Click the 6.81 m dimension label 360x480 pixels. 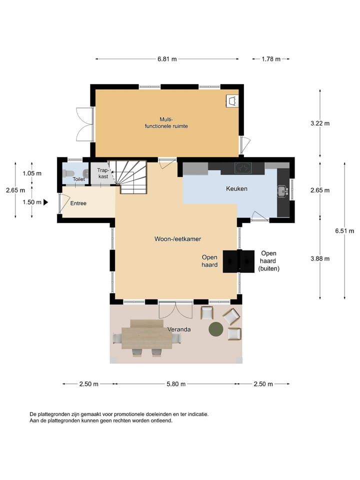pos(167,59)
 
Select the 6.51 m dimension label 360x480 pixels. pos(345,230)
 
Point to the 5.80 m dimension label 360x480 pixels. pos(175,384)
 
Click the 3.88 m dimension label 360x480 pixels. pos(320,258)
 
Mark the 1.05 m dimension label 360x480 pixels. pos(31,173)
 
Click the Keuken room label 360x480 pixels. pos(236,188)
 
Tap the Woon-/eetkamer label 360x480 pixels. pos(177,239)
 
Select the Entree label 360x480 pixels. pos(78,203)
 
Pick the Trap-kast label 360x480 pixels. pos(102,173)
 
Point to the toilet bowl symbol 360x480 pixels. pos(69,173)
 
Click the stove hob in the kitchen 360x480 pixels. pos(243,168)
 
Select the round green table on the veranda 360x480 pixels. pos(216,328)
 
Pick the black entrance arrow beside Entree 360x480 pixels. pos(45,202)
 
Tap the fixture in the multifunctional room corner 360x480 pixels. pos(232,100)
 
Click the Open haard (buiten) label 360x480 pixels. pos(268,261)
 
